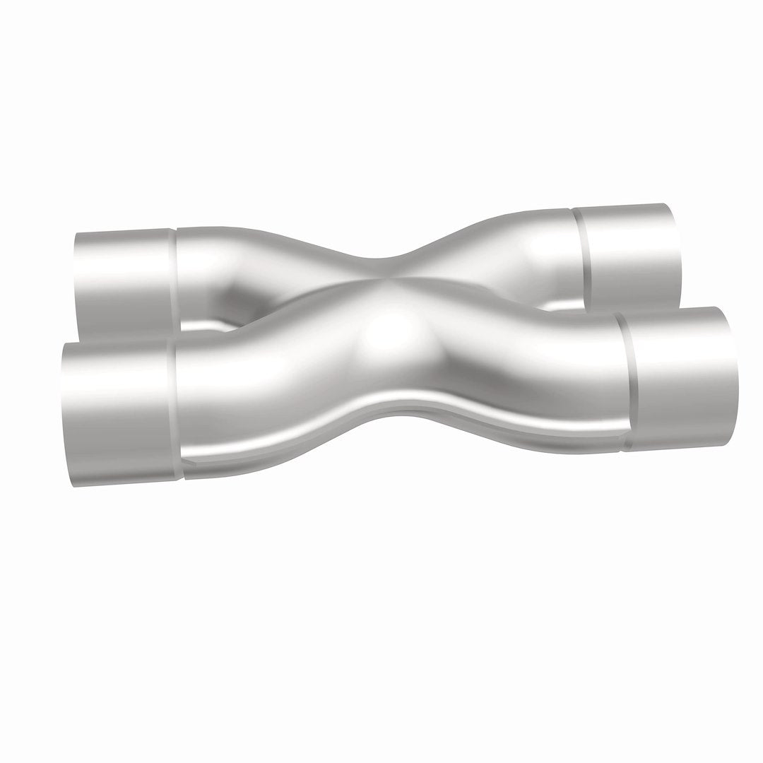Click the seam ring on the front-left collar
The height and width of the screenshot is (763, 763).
click(174, 410)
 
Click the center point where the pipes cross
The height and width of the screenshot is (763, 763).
click(381, 283)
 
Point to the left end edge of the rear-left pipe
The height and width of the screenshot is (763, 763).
click(76, 279)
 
